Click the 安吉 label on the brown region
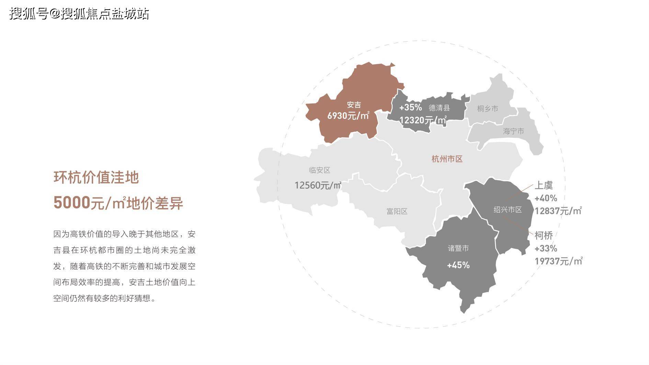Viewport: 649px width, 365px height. click(354, 105)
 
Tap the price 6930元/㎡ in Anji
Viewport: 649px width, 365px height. click(348, 116)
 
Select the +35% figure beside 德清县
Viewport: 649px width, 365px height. click(410, 107)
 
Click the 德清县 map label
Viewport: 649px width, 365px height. click(439, 108)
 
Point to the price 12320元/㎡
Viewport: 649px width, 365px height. click(423, 120)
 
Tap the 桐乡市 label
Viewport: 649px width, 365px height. click(487, 109)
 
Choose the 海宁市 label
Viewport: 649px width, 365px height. click(513, 131)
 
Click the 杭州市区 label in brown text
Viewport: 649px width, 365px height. click(447, 159)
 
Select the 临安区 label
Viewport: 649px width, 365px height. click(319, 170)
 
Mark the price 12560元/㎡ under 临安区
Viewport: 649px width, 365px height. click(318, 185)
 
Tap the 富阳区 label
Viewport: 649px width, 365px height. click(397, 212)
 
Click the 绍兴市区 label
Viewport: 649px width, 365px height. click(508, 209)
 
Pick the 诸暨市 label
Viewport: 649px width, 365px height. click(458, 248)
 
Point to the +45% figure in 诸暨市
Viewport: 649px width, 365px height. click(458, 265)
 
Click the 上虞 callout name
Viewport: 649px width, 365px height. click(544, 185)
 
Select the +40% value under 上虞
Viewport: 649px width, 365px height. click(546, 198)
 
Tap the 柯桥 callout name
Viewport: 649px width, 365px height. click(544, 236)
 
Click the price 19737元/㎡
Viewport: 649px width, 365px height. click(558, 261)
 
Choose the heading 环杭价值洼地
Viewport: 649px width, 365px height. click(96, 178)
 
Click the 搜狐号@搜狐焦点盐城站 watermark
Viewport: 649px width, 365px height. click(79, 14)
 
